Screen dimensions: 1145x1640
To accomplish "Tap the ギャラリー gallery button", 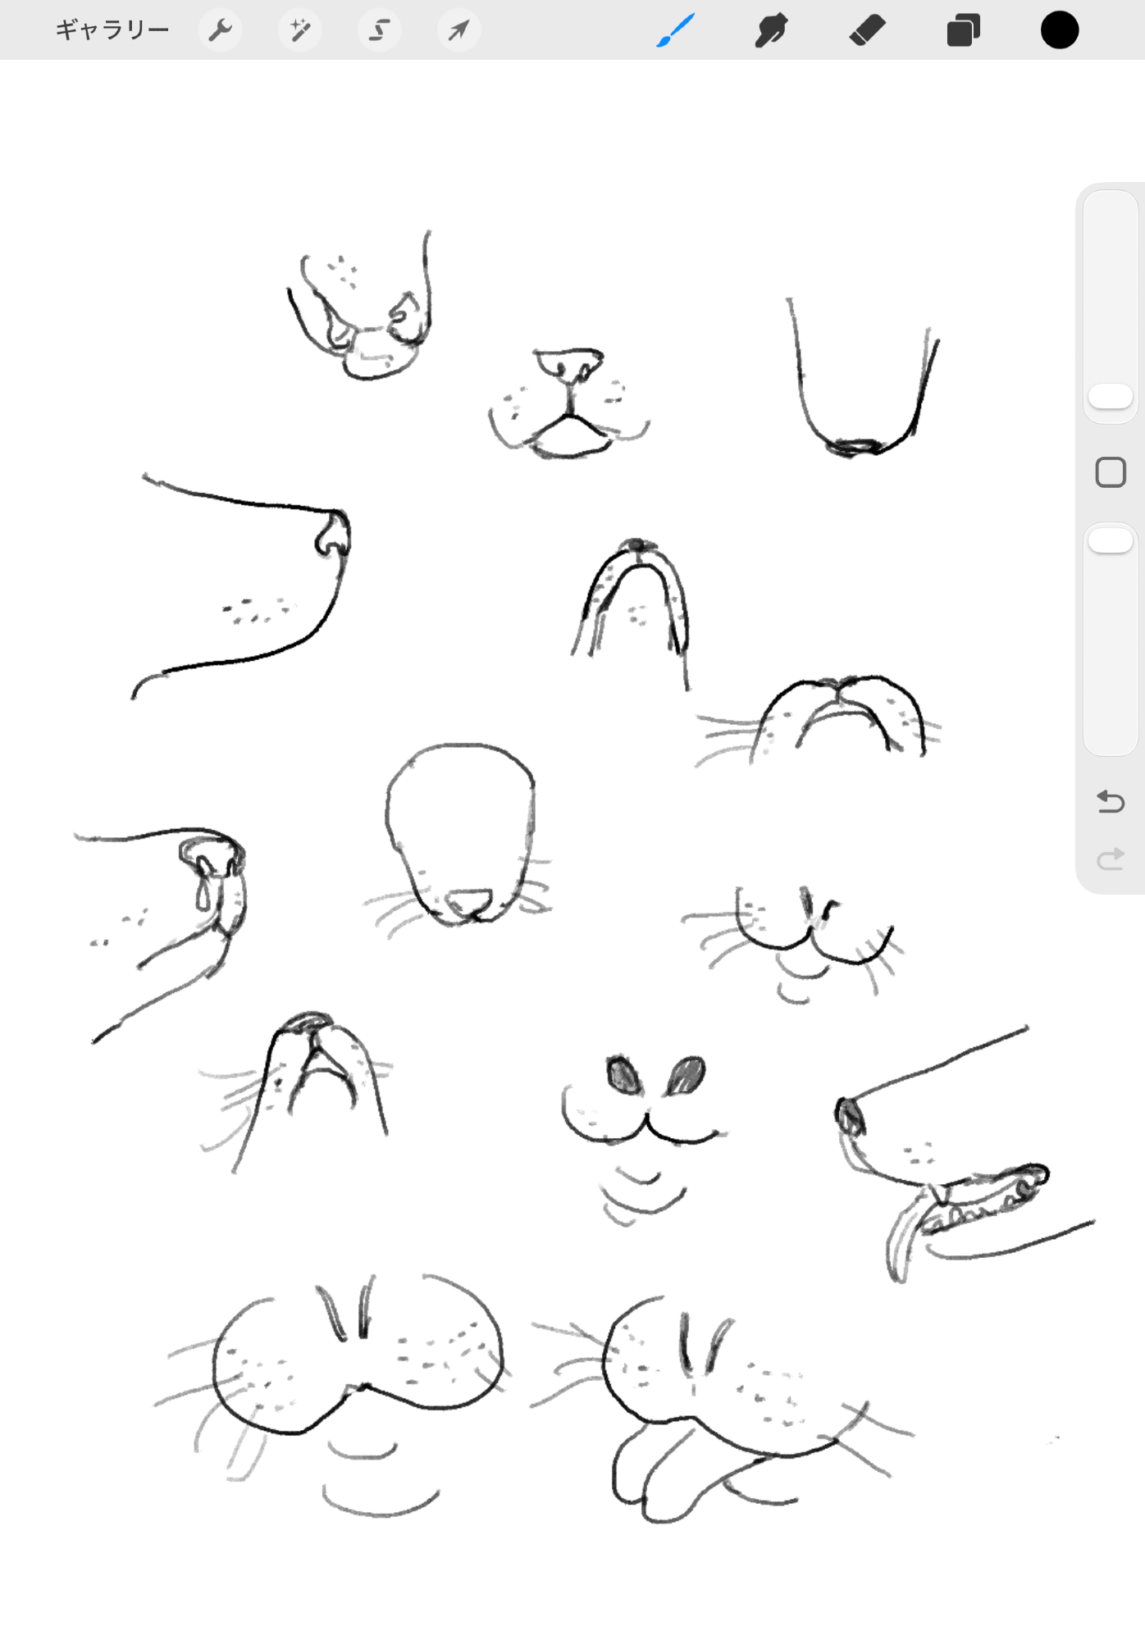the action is pos(112,30).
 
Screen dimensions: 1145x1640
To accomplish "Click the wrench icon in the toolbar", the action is pos(220,30).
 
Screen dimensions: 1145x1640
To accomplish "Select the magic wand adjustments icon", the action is pos(299,30).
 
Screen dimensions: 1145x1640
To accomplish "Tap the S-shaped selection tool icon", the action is pos(379,30).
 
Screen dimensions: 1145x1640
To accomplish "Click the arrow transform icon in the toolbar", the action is pos(458,30).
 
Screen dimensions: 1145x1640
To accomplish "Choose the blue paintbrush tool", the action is pos(676,30).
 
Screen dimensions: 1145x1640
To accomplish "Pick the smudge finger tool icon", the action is pos(771,30).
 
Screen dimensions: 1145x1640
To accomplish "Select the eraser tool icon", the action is pos(867,30).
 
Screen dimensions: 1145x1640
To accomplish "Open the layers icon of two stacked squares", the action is pos(964,30).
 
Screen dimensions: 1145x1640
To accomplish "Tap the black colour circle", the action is pos(1060,30).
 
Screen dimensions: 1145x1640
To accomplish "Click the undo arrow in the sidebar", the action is pos(1111,801).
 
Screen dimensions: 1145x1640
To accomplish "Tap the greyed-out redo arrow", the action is pos(1111,859).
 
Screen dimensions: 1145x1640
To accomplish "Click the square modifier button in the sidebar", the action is pos(1111,472).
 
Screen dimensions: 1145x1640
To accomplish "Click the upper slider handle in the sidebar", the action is pos(1111,397).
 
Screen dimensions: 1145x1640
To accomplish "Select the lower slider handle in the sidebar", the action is pos(1111,540).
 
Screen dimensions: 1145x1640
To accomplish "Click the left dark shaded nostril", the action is pos(623,1074).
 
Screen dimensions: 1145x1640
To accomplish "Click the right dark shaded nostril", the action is pos(686,1075).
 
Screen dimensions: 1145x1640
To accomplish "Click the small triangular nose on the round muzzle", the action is pos(468,901).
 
